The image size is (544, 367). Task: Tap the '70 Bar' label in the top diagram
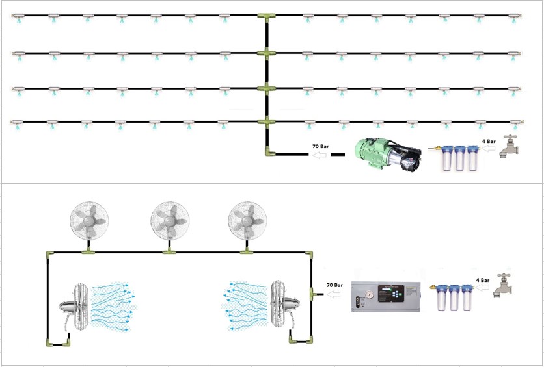(x=320, y=147)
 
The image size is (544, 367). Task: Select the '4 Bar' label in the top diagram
(x=489, y=141)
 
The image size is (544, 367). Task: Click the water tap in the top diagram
(x=510, y=147)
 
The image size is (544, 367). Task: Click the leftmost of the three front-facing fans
(x=88, y=219)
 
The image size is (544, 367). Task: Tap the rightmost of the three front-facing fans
(x=247, y=219)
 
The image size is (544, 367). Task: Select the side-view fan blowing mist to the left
(x=282, y=306)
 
